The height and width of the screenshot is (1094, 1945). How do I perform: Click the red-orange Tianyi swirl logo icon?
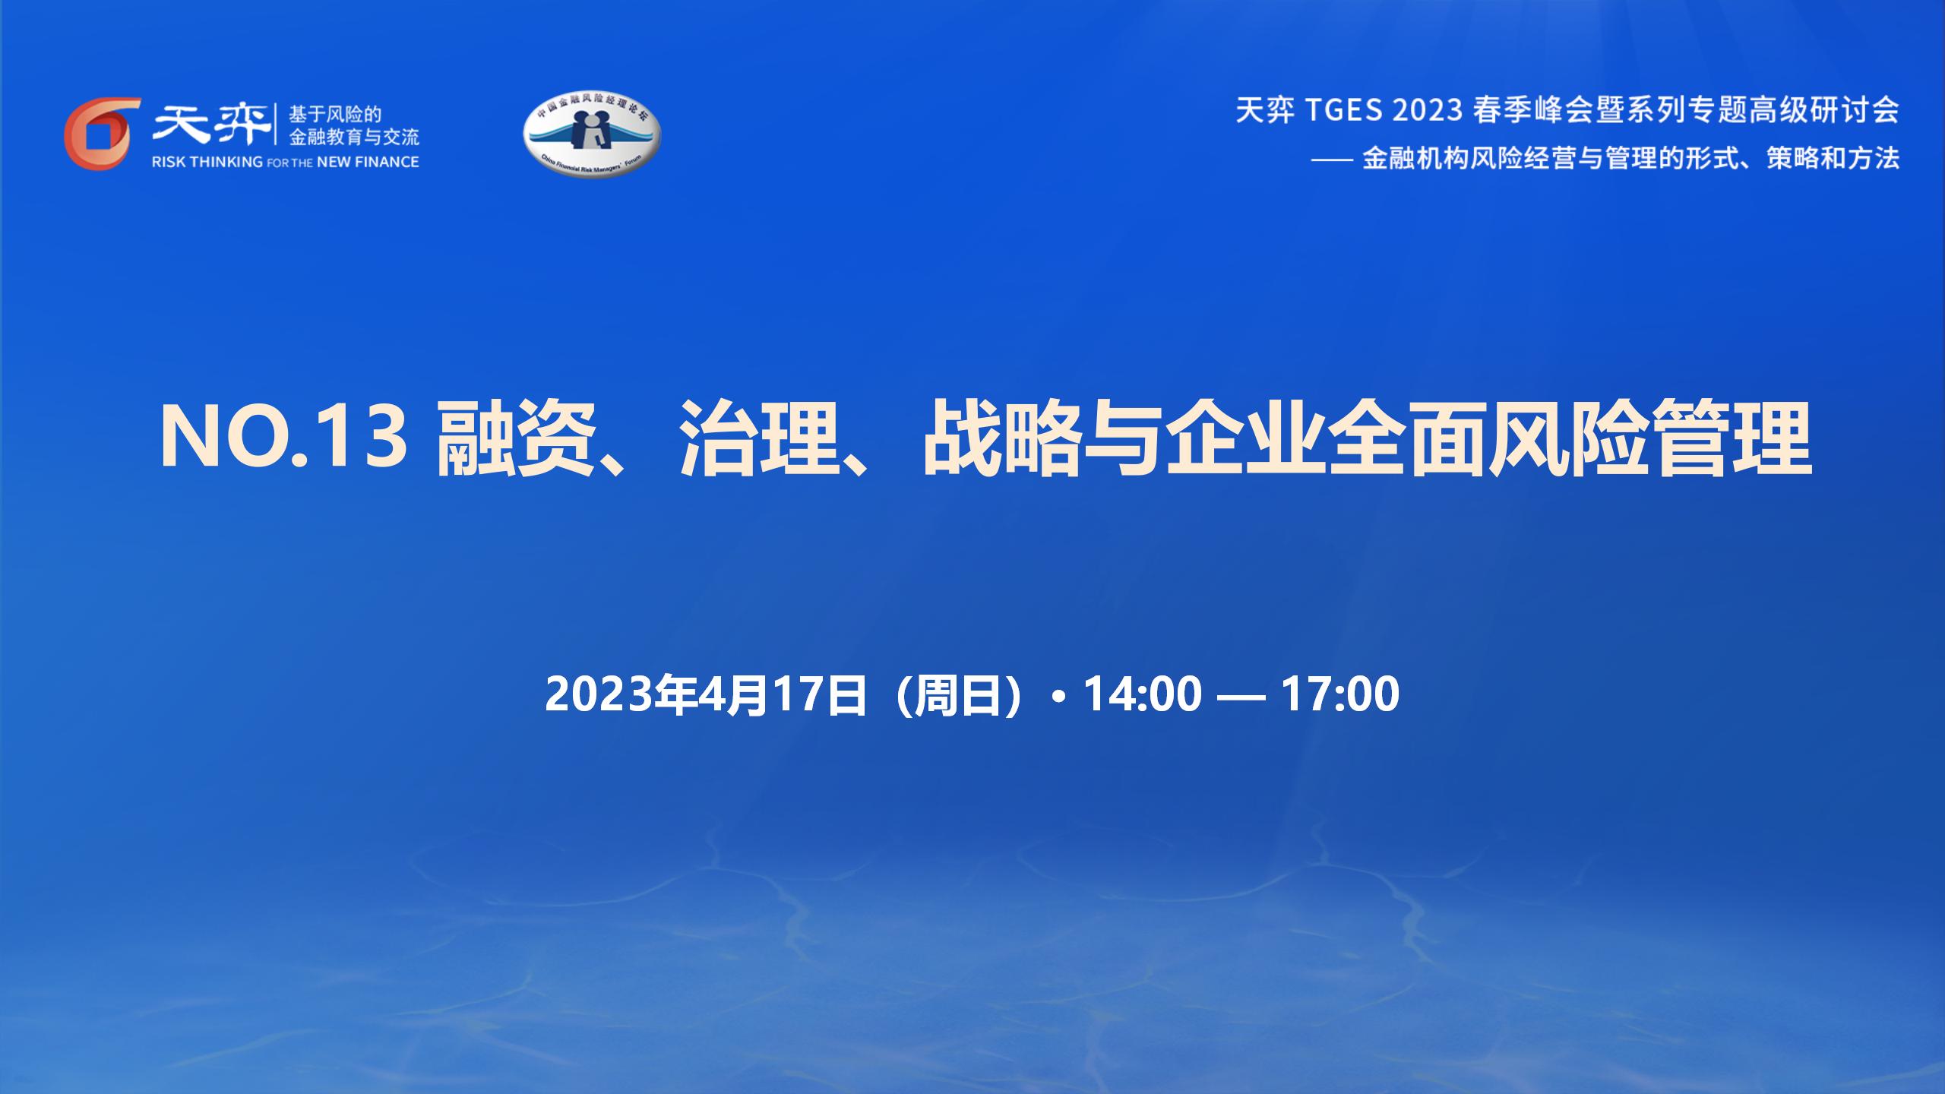tap(102, 134)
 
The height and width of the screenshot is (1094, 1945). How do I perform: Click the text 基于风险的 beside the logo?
tap(334, 115)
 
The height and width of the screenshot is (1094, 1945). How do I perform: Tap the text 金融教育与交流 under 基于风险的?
tap(354, 138)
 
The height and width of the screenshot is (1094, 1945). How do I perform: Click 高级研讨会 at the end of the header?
tap(1830, 110)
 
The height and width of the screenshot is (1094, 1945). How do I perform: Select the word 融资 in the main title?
tap(514, 439)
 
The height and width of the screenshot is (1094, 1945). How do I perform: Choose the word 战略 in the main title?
tap(1001, 439)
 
